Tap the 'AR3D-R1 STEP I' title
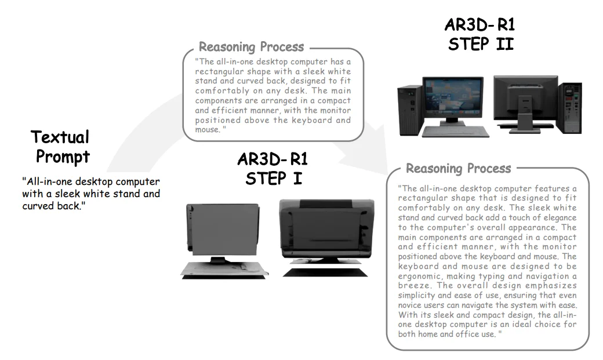(273, 168)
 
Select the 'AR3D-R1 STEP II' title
(480, 34)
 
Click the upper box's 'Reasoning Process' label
(251, 47)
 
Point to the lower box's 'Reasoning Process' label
(458, 169)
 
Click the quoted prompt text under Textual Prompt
(90, 194)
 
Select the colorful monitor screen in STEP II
(453, 98)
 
